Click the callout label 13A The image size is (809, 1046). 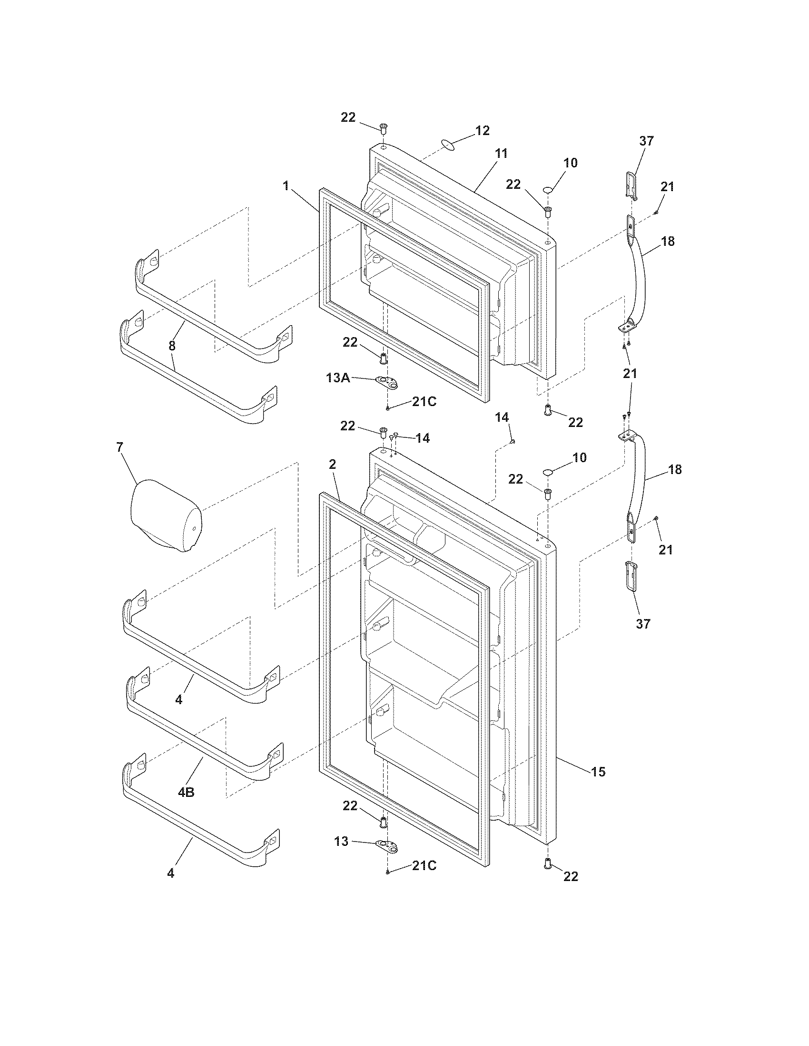[x=338, y=378]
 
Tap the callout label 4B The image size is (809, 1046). [x=186, y=793]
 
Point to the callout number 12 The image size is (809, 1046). [x=483, y=130]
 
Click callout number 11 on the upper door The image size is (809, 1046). [x=501, y=154]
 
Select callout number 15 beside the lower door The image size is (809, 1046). [x=598, y=772]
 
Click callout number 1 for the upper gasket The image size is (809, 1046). [x=286, y=186]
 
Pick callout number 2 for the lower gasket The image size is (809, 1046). [x=333, y=464]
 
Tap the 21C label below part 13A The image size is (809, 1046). [x=424, y=401]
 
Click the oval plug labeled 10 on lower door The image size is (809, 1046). [x=548, y=472]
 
